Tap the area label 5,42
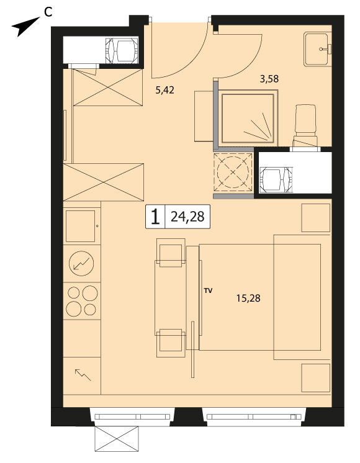pyautogui.click(x=164, y=90)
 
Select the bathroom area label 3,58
pyautogui.click(x=269, y=79)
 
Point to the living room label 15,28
pyautogui.click(x=248, y=299)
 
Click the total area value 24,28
pyautogui.click(x=187, y=217)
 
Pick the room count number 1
pyautogui.click(x=155, y=217)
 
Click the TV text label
pyautogui.click(x=208, y=291)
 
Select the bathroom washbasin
pyautogui.click(x=317, y=49)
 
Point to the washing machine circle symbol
pyautogui.click(x=233, y=172)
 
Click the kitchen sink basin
pyautogui.click(x=80, y=226)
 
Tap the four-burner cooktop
pyautogui.click(x=82, y=301)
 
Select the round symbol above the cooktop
pyautogui.click(x=81, y=263)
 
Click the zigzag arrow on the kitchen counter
pyautogui.click(x=83, y=375)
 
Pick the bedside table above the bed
pyautogui.click(x=316, y=218)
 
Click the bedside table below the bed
pyautogui.click(x=316, y=378)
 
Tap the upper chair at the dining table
pyautogui.click(x=171, y=253)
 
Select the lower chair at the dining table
pyautogui.click(x=171, y=343)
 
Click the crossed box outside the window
pyautogui.click(x=116, y=439)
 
